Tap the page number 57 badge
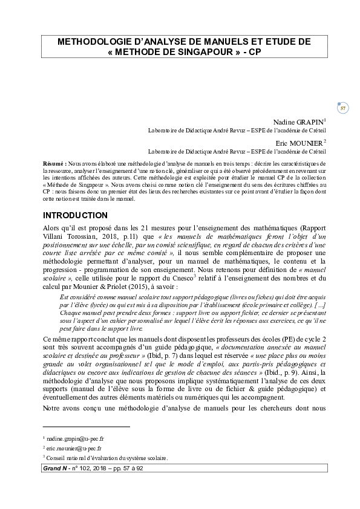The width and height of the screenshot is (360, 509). pyautogui.click(x=342, y=108)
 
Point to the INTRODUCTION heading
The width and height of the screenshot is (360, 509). pyautogui.click(x=75, y=216)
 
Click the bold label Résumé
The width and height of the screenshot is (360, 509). pyautogui.click(x=55, y=164)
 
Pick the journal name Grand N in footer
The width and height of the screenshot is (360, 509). pyautogui.click(x=53, y=468)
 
